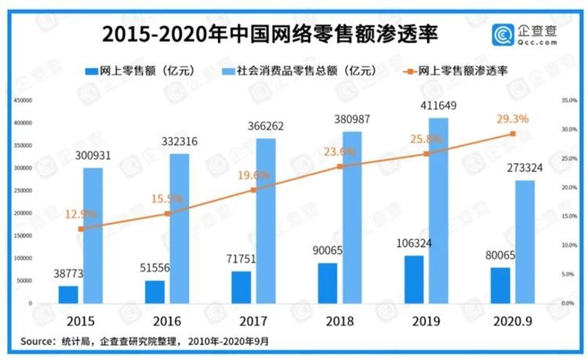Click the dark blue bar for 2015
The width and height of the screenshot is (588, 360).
(68, 294)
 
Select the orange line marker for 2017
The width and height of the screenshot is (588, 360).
(252, 190)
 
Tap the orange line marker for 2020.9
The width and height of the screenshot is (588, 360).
(513, 133)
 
